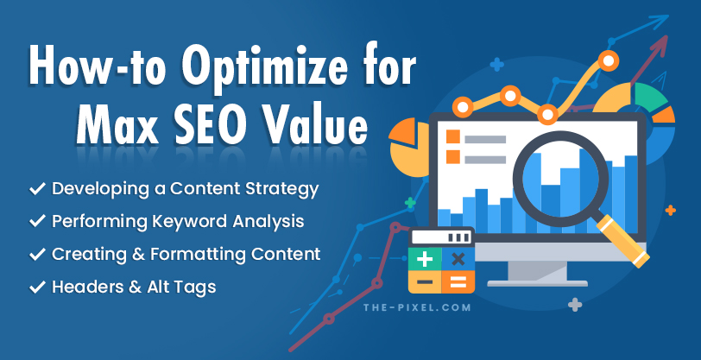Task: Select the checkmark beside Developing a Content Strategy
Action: (x=37, y=187)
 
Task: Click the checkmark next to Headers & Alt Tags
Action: (x=37, y=287)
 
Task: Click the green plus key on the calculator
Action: (x=425, y=259)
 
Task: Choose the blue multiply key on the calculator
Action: (x=458, y=259)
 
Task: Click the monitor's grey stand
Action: (x=536, y=271)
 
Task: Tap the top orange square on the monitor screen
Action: (x=452, y=137)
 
